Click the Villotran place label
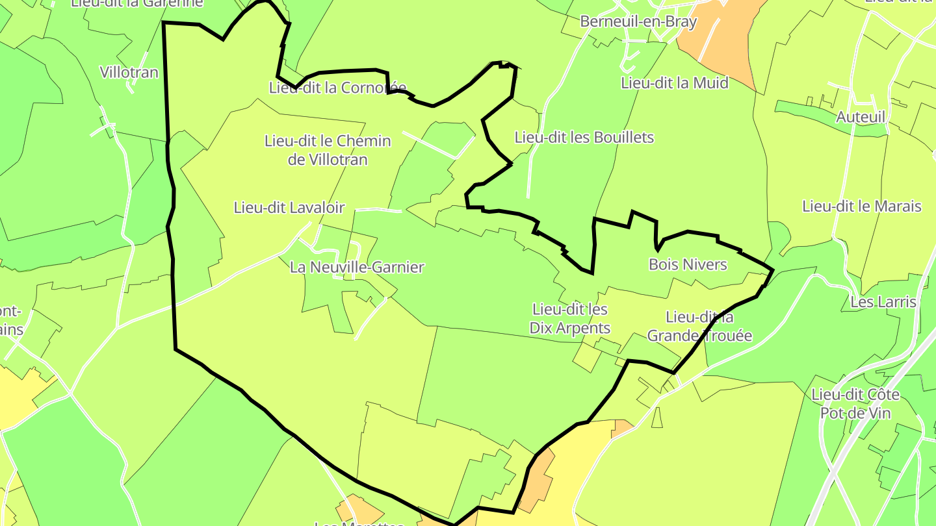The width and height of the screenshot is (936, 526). tap(129, 72)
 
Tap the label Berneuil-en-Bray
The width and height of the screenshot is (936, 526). tap(638, 21)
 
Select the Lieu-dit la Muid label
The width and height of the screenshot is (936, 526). tap(674, 83)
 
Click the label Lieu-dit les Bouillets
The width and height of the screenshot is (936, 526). tap(584, 138)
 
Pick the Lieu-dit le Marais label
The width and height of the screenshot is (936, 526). tap(861, 207)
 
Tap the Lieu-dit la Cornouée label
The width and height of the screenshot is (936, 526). tap(337, 88)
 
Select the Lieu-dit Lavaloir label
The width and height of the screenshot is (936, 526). tap(289, 208)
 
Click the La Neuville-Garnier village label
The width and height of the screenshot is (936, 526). tap(357, 267)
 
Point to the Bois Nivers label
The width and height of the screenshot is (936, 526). tap(687, 264)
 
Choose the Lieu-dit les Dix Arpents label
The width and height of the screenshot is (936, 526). tap(570, 319)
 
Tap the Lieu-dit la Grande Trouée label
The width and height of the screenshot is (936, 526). tap(699, 327)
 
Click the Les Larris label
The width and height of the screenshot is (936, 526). tap(883, 302)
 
